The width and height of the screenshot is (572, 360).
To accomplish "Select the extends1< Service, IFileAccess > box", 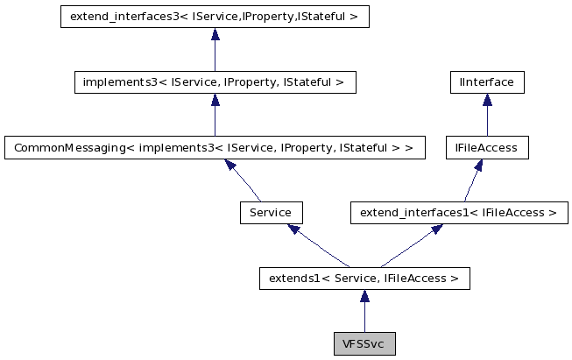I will [364, 279].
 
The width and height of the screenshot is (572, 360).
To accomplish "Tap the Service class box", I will [271, 213].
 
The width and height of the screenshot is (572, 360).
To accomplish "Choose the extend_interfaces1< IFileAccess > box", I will [459, 213].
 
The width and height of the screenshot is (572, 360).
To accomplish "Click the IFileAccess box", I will [486, 148].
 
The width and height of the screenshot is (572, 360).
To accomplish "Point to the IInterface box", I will [486, 83].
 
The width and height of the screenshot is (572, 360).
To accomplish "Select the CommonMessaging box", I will [215, 148].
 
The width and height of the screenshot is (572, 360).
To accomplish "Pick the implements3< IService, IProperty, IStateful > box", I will [215, 83].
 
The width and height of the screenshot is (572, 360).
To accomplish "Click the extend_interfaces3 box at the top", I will [215, 18].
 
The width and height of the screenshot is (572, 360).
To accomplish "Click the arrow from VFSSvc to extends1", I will [364, 311].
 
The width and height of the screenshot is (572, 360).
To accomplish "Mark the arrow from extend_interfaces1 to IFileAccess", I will [473, 180].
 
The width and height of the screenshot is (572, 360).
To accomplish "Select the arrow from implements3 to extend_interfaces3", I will [215, 50].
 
